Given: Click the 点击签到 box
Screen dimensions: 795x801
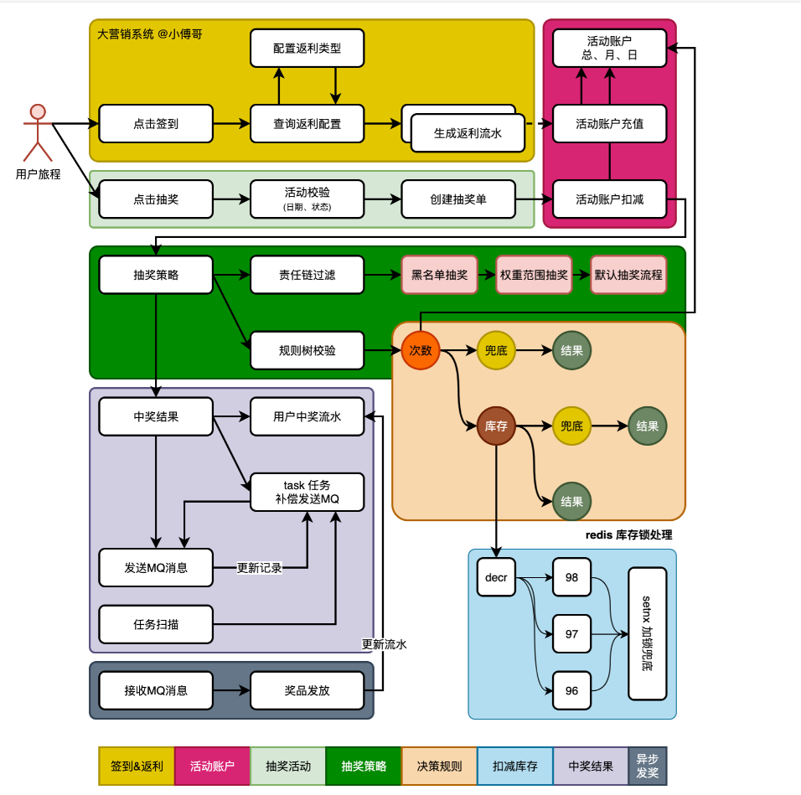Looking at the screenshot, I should click(156, 124).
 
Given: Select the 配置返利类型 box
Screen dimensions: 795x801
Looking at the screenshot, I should click(307, 49).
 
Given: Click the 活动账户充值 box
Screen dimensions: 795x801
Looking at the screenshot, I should click(609, 124).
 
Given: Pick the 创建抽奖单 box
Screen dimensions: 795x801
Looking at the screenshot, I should click(458, 200).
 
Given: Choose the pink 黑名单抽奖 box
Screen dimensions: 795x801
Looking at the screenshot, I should click(440, 275).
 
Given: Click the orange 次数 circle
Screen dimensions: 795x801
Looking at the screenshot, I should click(421, 350).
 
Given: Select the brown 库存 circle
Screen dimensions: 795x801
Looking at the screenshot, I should click(496, 426).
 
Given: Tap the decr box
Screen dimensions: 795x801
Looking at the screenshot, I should click(496, 577).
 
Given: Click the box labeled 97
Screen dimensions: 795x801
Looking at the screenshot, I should click(571, 634).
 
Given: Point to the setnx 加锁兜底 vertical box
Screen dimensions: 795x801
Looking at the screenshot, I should click(648, 634).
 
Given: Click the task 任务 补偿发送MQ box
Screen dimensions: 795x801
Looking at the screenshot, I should click(307, 492).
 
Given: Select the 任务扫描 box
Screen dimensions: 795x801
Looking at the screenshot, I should click(156, 624).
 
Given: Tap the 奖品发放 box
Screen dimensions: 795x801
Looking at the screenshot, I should click(307, 691).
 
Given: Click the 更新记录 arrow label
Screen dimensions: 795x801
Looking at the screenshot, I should click(260, 568).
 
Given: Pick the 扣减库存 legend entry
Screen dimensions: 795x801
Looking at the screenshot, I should click(515, 766).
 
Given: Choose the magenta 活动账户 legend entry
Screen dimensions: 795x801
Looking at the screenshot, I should click(212, 766).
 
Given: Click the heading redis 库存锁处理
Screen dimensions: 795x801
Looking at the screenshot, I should click(628, 534).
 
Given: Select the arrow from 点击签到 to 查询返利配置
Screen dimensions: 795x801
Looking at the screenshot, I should click(231, 124).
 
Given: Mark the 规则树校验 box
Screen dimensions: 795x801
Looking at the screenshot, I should click(307, 350).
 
